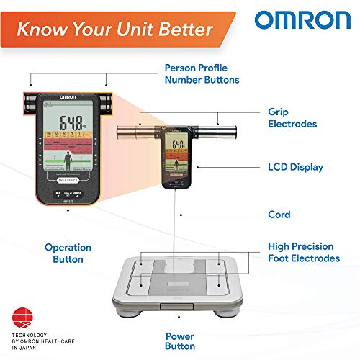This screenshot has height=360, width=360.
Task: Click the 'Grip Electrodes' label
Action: click(x=291, y=118)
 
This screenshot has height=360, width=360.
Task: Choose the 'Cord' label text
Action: click(x=278, y=215)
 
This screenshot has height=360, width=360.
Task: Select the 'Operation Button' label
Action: click(x=69, y=253)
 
